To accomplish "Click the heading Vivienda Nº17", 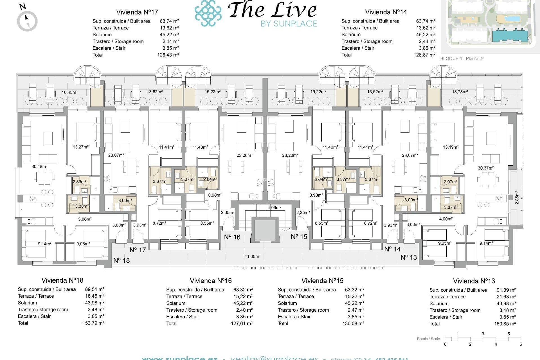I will pos(137,12).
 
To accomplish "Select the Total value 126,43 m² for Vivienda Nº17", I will pos(168,55).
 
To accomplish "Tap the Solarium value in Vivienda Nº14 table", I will pos(426,35).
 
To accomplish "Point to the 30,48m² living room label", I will pos(39,166).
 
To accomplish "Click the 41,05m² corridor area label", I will pos(252,256).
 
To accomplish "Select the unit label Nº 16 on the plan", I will pos(232,237).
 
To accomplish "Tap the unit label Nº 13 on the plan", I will pos(408,257).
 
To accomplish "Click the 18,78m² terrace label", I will pos(460,92).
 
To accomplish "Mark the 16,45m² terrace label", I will pos(69,92).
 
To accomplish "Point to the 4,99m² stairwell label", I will pos(274,208).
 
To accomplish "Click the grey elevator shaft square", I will pos(265,230).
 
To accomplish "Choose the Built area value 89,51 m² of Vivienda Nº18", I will pos(94,289).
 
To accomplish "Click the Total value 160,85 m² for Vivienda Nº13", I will pos(505,324).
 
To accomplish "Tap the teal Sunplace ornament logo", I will pos(208,13).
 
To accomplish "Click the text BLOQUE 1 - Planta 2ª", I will pos(462,58).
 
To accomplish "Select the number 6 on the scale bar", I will pos(521,344).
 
